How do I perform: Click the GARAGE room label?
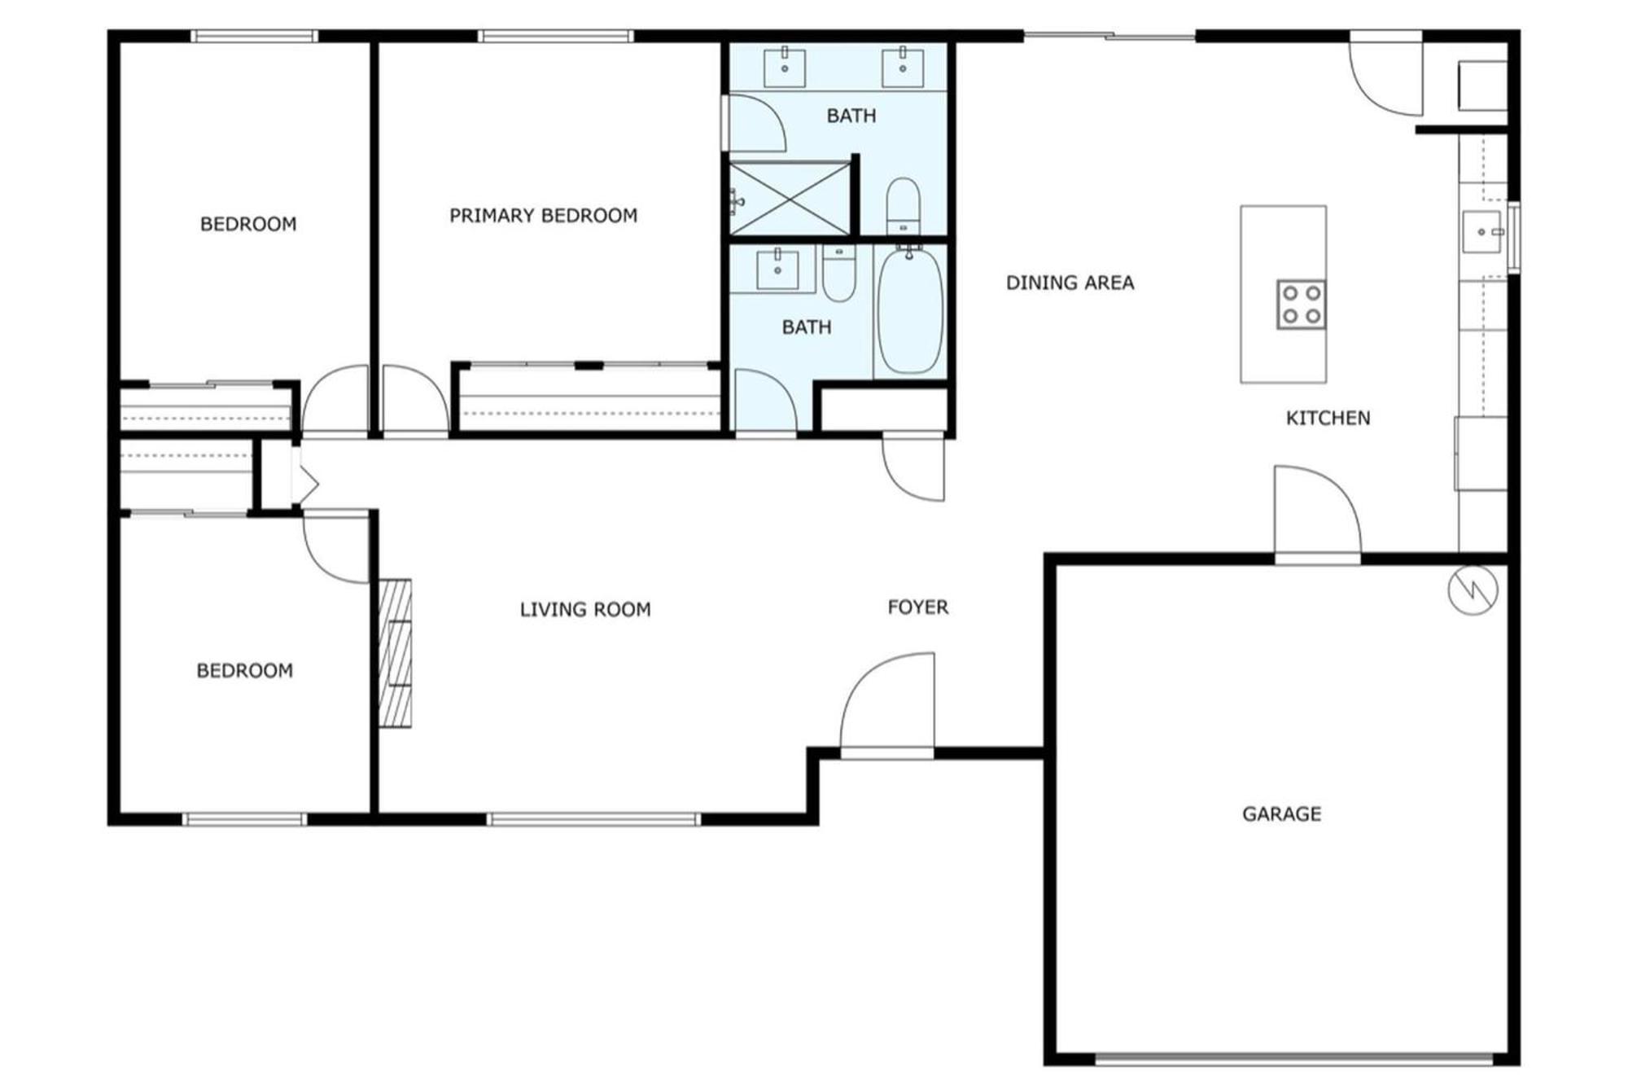coord(1281,814)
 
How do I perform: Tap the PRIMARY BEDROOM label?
coord(543,216)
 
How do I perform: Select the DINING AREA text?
coord(1070,283)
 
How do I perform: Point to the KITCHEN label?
coord(1328,418)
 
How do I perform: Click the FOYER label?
coord(917,607)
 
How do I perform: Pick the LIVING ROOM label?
coord(585,609)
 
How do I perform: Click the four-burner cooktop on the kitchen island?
coord(1301,305)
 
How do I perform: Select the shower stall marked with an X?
coord(789,200)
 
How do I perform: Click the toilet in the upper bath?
coord(903,206)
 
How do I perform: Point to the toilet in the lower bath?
coord(838,273)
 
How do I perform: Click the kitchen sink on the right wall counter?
coord(1482,232)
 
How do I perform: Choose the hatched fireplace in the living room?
coord(396,652)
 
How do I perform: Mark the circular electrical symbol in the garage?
coord(1473,590)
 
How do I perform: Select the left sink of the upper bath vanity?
coord(785,67)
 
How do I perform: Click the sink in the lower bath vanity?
coord(777,269)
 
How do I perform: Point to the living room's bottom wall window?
coord(593,819)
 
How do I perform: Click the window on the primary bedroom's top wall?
coord(556,36)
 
